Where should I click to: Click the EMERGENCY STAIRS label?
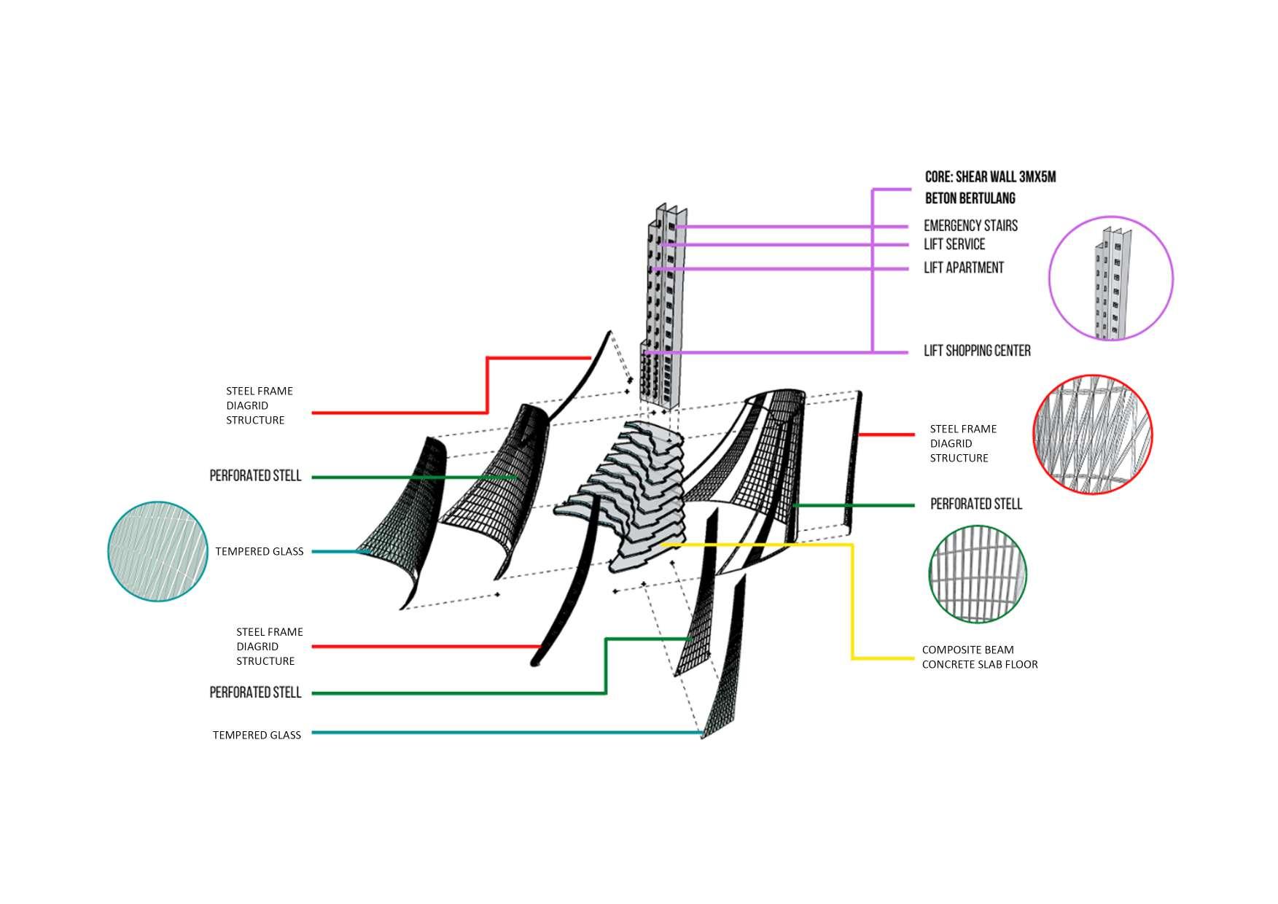click(970, 226)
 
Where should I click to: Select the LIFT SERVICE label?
click(954, 244)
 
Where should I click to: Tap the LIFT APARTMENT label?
click(963, 268)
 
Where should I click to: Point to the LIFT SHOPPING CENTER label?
click(977, 351)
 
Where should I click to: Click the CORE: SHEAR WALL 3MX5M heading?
click(990, 177)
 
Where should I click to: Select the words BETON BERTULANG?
click(970, 198)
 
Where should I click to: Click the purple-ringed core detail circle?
click(1110, 278)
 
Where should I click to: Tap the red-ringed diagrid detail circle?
click(1092, 435)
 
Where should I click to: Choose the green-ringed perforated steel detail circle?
click(978, 574)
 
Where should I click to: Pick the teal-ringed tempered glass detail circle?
click(157, 551)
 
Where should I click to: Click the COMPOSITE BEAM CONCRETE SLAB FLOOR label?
click(979, 657)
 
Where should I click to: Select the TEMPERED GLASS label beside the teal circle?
click(259, 551)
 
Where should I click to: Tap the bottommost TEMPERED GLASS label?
click(257, 735)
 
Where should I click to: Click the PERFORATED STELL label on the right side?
click(976, 504)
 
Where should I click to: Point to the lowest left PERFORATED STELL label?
click(255, 693)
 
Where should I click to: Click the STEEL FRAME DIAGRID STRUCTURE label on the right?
click(962, 443)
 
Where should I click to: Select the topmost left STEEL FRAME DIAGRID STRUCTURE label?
click(259, 405)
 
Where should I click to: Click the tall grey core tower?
click(663, 306)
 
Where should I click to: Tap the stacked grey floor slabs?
click(642, 496)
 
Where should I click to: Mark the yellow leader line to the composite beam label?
click(852, 598)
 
